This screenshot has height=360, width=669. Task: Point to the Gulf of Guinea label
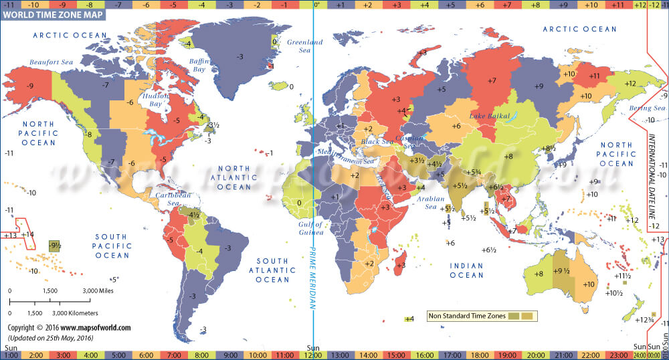(310, 229)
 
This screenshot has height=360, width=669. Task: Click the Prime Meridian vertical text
(311, 274)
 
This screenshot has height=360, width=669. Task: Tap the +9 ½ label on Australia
(561, 271)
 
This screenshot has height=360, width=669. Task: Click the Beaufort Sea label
(50, 62)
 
